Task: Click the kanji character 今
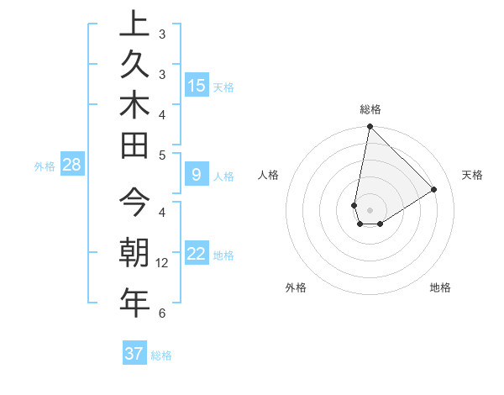134,204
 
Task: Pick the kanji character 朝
134,252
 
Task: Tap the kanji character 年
134,301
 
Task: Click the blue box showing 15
197,86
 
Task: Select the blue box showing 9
197,175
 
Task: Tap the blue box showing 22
197,254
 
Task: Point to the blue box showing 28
72,165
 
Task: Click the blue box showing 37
134,354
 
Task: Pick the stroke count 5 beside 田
162,155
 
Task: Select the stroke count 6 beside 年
162,313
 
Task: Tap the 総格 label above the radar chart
370,109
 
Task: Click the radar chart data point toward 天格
434,190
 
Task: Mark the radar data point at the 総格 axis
370,127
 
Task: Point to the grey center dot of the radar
370,210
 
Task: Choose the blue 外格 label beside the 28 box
45,166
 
